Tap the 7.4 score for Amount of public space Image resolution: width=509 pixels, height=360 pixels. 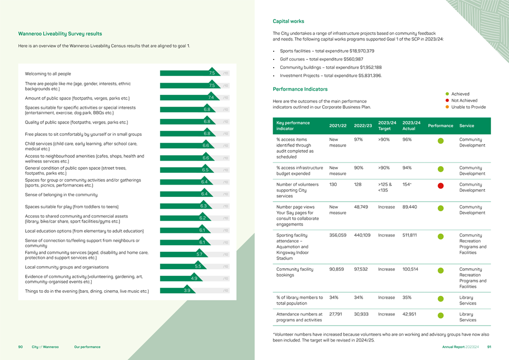point(211,97)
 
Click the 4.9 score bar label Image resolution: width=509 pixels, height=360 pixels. point(194,278)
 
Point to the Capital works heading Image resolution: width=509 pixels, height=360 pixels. point(288,22)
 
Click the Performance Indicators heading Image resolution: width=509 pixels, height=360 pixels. point(300,89)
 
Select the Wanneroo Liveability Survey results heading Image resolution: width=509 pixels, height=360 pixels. point(60,34)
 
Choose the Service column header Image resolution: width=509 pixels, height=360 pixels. point(467,126)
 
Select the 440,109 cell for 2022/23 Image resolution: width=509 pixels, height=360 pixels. point(363,235)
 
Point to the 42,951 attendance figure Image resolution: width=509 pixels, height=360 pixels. point(410,313)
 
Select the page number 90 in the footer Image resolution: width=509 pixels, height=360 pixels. point(21,347)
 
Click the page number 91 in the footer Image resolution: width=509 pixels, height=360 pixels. point(489,347)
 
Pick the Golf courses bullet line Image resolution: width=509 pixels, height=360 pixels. point(321,59)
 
